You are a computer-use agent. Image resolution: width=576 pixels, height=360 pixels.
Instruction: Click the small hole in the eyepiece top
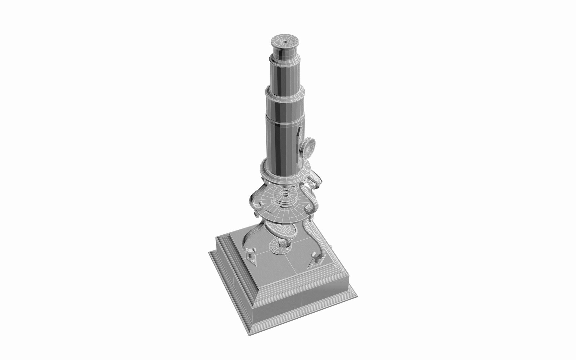pos(285,42)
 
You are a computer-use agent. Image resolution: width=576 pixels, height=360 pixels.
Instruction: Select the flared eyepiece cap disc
pos(285,41)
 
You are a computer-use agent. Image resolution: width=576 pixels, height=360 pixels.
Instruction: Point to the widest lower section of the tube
pos(283,143)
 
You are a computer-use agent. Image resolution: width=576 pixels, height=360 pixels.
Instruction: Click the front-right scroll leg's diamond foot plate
pos(315,265)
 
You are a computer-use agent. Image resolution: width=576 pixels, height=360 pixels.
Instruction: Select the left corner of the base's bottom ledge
pos(210,253)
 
